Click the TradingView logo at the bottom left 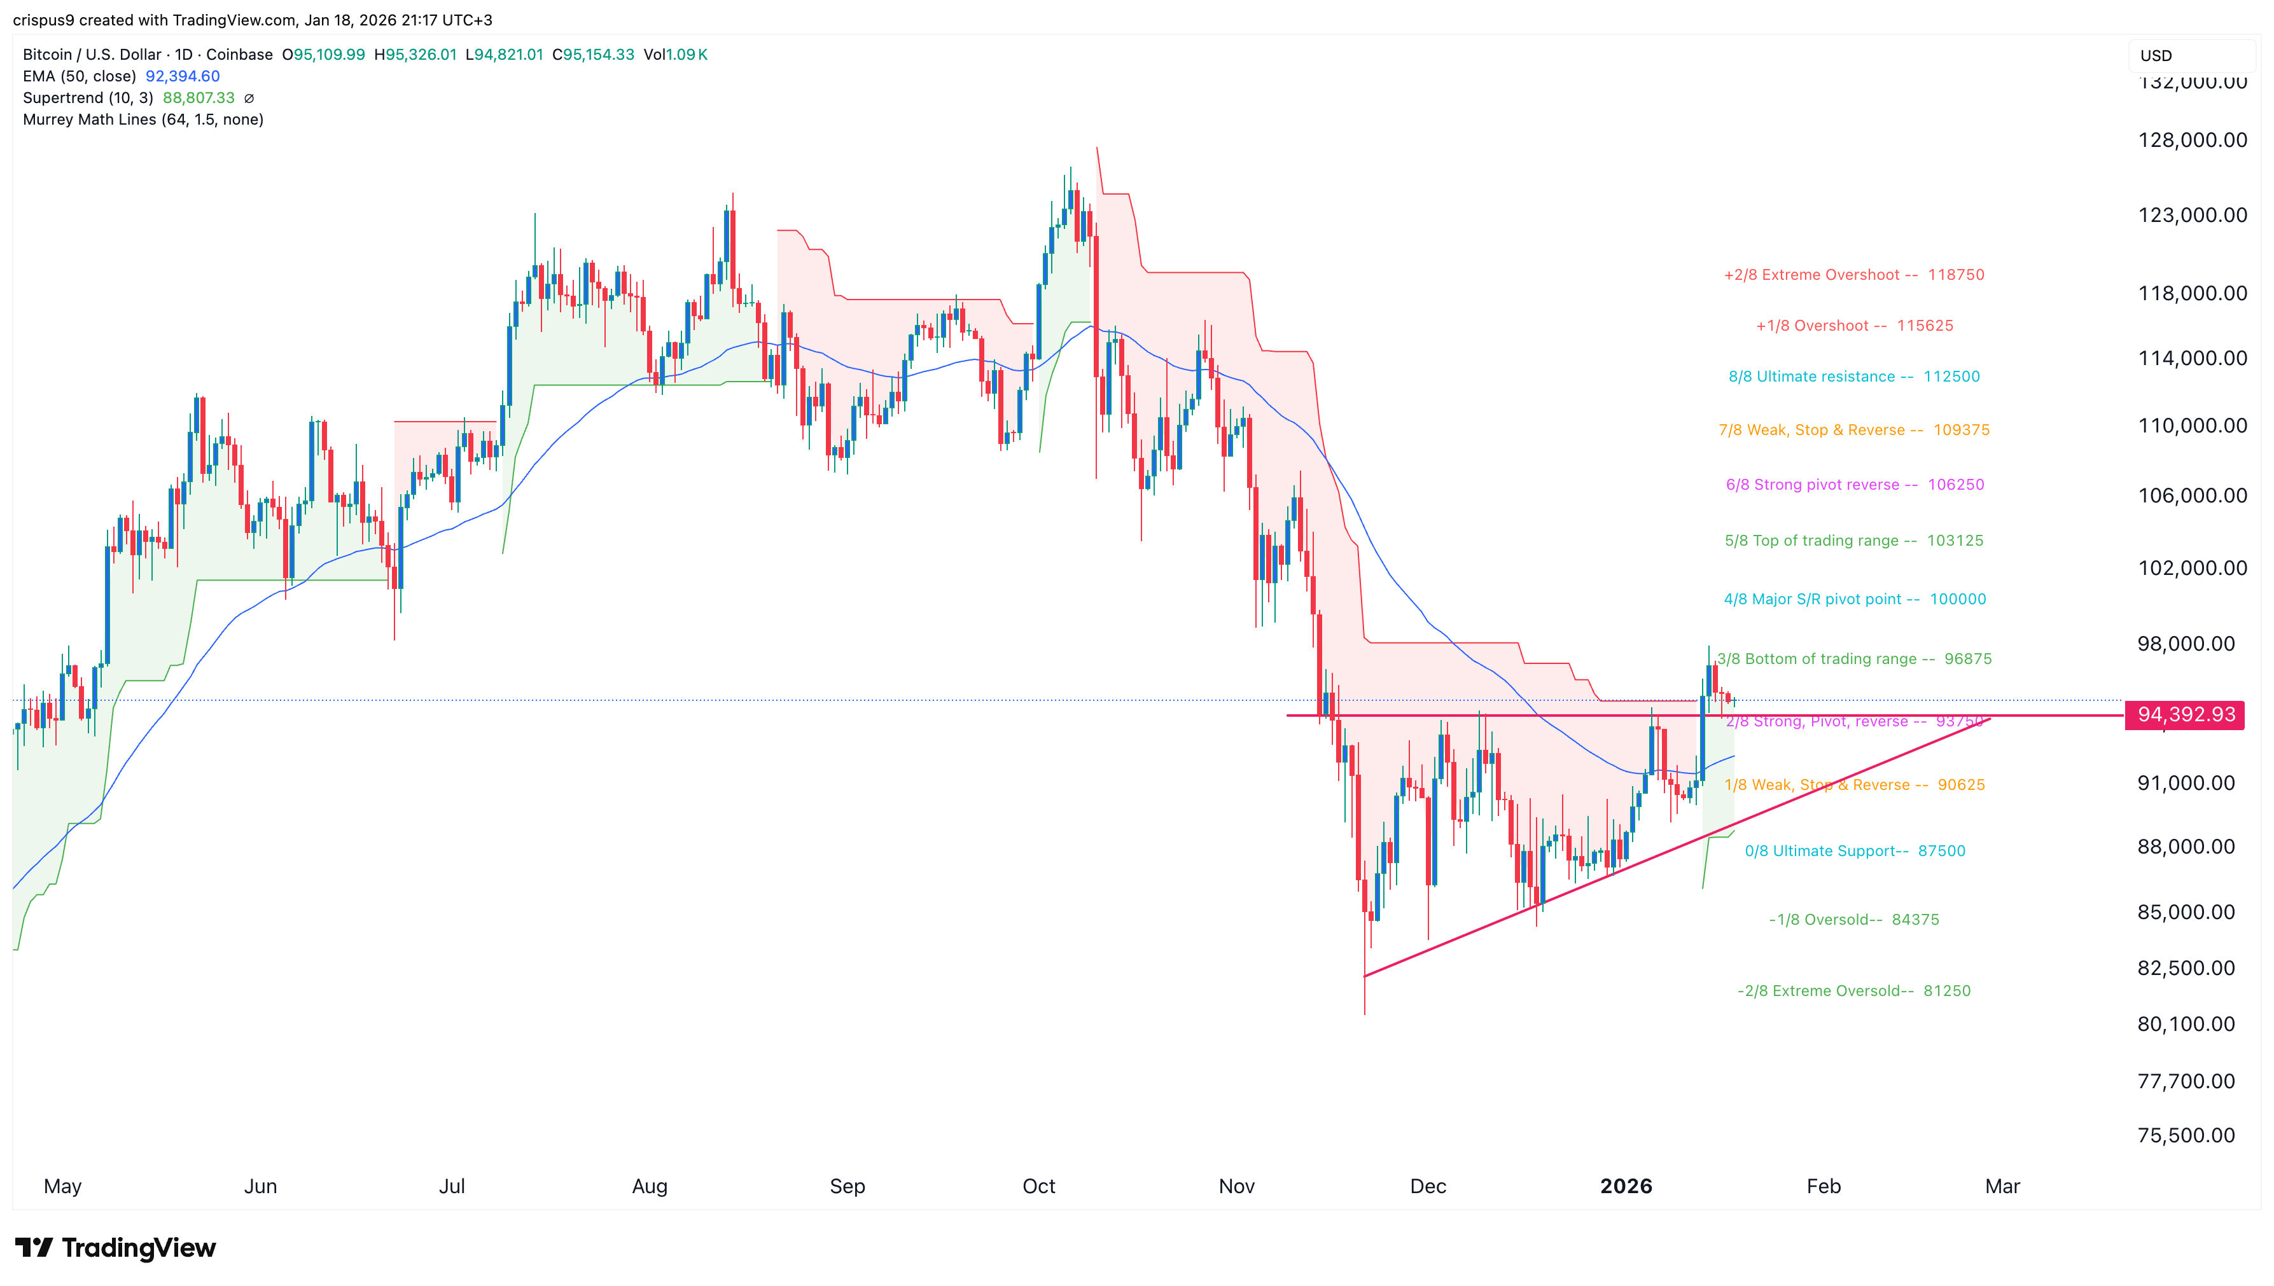pyautogui.click(x=116, y=1247)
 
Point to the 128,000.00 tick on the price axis pyautogui.click(x=2192, y=139)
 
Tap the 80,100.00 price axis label pyautogui.click(x=2186, y=1024)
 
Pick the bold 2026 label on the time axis pyautogui.click(x=1626, y=1186)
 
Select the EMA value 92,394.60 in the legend pyautogui.click(x=183, y=76)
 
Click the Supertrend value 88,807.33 pyautogui.click(x=199, y=98)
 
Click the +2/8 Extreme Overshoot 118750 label pyautogui.click(x=1853, y=275)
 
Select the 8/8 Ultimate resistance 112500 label pyautogui.click(x=1853, y=377)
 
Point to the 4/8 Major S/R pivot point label pyautogui.click(x=1854, y=599)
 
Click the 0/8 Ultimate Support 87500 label pyautogui.click(x=1854, y=850)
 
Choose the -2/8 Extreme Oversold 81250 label pyautogui.click(x=1853, y=991)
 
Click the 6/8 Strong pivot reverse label pyautogui.click(x=1854, y=485)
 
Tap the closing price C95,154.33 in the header pyautogui.click(x=593, y=55)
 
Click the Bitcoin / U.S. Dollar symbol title pyautogui.click(x=92, y=55)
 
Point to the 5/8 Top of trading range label pyautogui.click(x=1853, y=541)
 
